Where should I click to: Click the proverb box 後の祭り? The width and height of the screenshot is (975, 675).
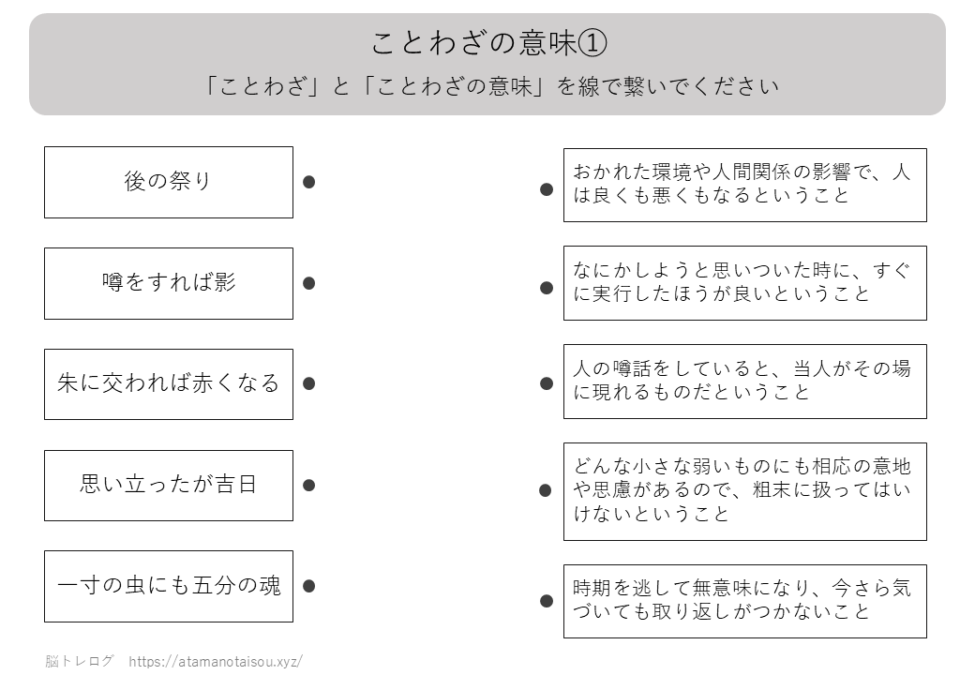click(x=169, y=182)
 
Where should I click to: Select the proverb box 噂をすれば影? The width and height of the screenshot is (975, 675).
click(x=169, y=283)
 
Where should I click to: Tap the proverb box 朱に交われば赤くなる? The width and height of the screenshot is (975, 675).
click(x=169, y=384)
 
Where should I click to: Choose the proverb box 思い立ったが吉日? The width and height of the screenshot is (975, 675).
click(x=169, y=486)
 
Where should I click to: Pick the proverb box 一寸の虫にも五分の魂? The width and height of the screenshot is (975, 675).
click(x=169, y=586)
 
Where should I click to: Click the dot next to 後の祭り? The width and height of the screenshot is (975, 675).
click(x=309, y=182)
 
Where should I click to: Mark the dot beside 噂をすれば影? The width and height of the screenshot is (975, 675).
click(x=309, y=283)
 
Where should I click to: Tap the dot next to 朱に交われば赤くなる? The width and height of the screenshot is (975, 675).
click(x=309, y=383)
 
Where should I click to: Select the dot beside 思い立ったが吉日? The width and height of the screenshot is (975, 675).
click(x=309, y=486)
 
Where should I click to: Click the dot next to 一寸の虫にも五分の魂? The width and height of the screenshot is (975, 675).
click(x=309, y=586)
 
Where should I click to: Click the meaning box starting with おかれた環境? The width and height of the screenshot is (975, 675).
click(x=745, y=186)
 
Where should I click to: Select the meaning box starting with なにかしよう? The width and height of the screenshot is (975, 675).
click(x=745, y=283)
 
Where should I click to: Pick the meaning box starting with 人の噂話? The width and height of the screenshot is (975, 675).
click(x=745, y=382)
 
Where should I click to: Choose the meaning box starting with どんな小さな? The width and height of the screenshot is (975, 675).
click(x=745, y=491)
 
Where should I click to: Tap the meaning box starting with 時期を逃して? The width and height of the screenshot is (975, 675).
click(x=745, y=601)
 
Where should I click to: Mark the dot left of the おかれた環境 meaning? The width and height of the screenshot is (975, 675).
click(x=547, y=189)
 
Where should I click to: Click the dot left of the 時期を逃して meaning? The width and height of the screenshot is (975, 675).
click(x=547, y=601)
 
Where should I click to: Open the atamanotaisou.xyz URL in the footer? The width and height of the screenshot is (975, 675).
click(x=216, y=661)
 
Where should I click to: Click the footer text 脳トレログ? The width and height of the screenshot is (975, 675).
click(x=79, y=661)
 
